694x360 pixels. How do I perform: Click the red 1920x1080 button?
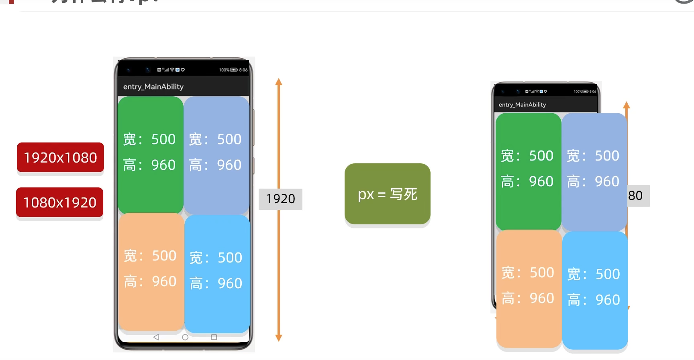pyautogui.click(x=60, y=157)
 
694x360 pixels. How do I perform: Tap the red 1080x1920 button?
pyautogui.click(x=60, y=202)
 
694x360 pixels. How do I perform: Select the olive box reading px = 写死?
pyautogui.click(x=387, y=194)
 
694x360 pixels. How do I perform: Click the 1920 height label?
pyautogui.click(x=280, y=199)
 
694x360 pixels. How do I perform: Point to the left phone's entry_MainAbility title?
pyautogui.click(x=153, y=87)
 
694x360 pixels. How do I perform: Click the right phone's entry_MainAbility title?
pyautogui.click(x=522, y=105)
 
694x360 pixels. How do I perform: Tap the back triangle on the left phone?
pyautogui.click(x=156, y=337)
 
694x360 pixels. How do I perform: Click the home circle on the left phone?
pyautogui.click(x=185, y=337)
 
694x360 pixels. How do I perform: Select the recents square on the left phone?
pyautogui.click(x=214, y=337)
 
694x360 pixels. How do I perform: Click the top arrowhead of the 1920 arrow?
pyautogui.click(x=279, y=82)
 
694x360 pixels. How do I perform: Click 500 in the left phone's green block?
pyautogui.click(x=163, y=139)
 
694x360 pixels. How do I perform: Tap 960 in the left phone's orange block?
pyautogui.click(x=164, y=281)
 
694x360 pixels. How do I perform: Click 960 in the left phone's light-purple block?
pyautogui.click(x=229, y=165)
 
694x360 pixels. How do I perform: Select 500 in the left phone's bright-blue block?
pyautogui.click(x=230, y=258)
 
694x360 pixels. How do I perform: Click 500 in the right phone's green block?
pyautogui.click(x=541, y=156)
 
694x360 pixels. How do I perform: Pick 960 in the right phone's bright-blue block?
pyautogui.click(x=608, y=300)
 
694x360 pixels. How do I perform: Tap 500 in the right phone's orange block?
pyautogui.click(x=542, y=273)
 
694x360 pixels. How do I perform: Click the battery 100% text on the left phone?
pyautogui.click(x=224, y=70)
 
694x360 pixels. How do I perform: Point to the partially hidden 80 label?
pyautogui.click(x=636, y=195)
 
